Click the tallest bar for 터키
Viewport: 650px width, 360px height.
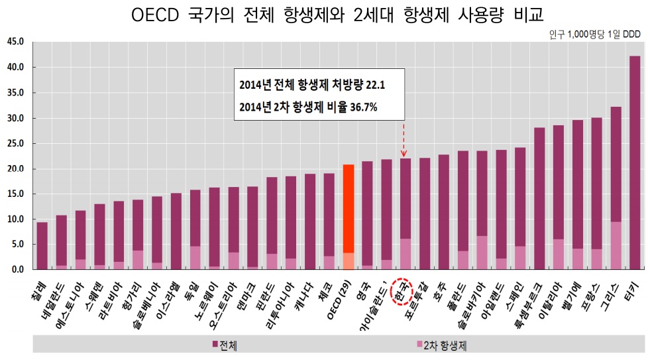pyautogui.click(x=634, y=162)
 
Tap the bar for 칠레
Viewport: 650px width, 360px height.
pyautogui.click(x=42, y=245)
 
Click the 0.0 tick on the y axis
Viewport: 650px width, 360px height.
pyautogui.click(x=17, y=270)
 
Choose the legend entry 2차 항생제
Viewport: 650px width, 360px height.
pyautogui.click(x=443, y=345)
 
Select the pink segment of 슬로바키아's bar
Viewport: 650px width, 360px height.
pyautogui.click(x=482, y=253)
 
